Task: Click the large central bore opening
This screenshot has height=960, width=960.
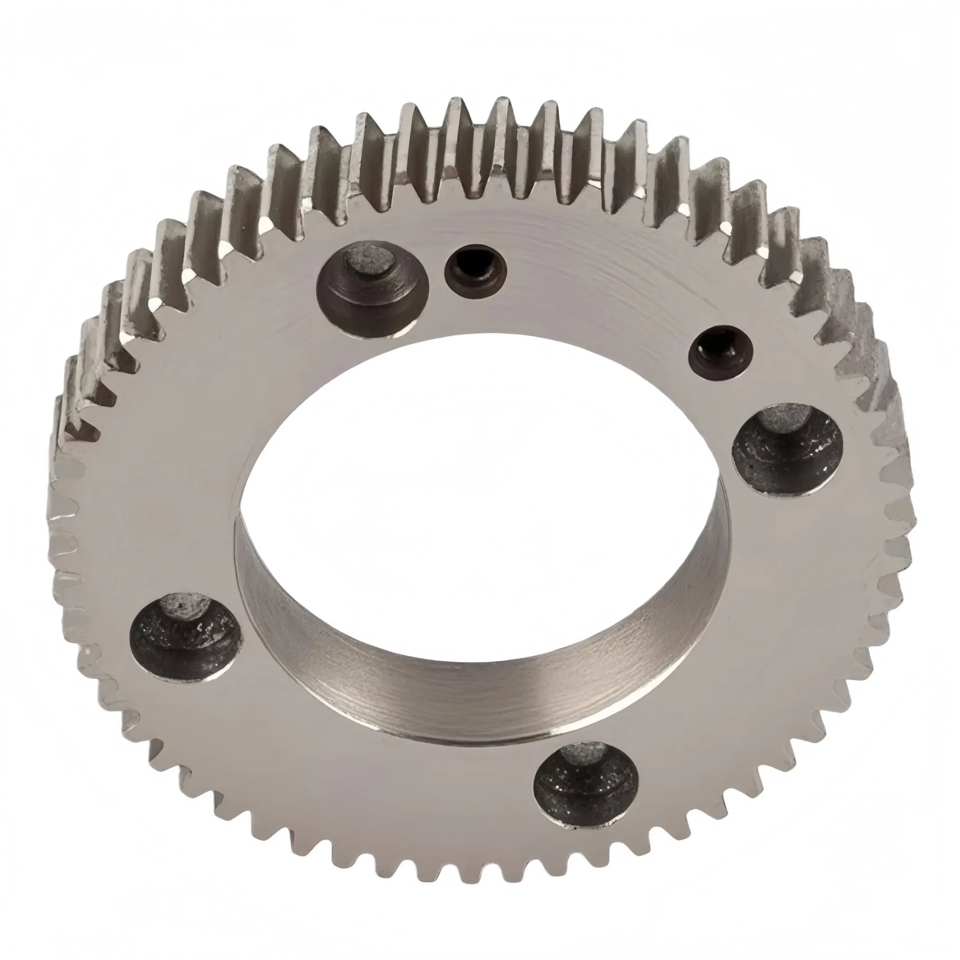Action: click(477, 447)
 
